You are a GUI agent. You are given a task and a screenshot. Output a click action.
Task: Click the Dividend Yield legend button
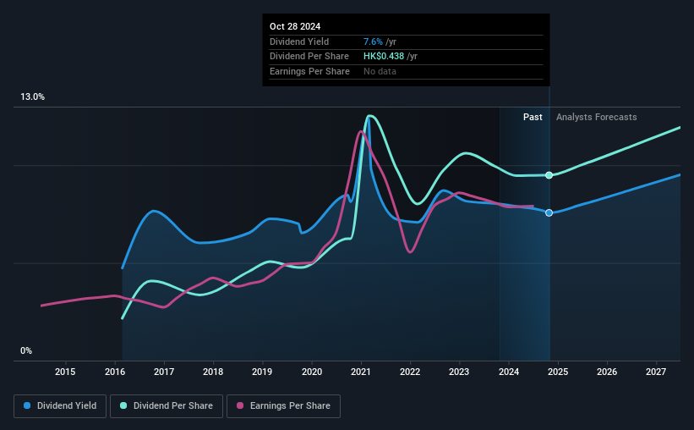pyautogui.click(x=60, y=405)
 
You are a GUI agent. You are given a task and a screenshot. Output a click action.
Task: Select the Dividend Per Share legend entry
pyautogui.click(x=167, y=405)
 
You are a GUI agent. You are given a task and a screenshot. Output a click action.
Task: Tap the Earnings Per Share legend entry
pyautogui.click(x=283, y=405)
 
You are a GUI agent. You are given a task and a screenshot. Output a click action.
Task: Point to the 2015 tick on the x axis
pyautogui.click(x=65, y=372)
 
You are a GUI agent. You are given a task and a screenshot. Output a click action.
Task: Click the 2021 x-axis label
pyautogui.click(x=361, y=372)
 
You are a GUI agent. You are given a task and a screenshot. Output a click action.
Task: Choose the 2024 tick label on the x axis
pyautogui.click(x=509, y=372)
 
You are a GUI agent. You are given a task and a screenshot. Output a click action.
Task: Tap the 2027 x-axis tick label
pyautogui.click(x=656, y=372)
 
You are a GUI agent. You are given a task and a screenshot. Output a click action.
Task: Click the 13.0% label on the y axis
pyautogui.click(x=32, y=96)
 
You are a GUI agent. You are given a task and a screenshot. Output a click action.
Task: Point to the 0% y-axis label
pyautogui.click(x=26, y=350)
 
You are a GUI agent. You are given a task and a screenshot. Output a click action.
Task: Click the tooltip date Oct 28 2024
pyautogui.click(x=295, y=26)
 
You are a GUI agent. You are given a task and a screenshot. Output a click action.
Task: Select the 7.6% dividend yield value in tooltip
pyautogui.click(x=373, y=41)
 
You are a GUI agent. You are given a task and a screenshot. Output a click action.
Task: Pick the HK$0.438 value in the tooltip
pyautogui.click(x=384, y=57)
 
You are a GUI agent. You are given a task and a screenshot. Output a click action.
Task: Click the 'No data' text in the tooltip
pyautogui.click(x=380, y=71)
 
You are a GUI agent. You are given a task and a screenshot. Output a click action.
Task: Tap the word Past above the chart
pyautogui.click(x=533, y=117)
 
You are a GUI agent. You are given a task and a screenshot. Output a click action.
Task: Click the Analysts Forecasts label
pyautogui.click(x=596, y=117)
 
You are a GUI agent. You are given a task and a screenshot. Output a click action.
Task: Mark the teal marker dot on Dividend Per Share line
pyautogui.click(x=549, y=175)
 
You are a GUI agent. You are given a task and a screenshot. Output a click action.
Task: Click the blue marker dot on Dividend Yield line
pyautogui.click(x=549, y=212)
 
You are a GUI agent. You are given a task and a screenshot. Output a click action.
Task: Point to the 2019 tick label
pyautogui.click(x=262, y=372)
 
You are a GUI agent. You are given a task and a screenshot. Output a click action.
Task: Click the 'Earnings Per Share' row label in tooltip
pyautogui.click(x=309, y=71)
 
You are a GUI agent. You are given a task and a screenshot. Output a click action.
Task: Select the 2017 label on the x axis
pyautogui.click(x=164, y=372)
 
